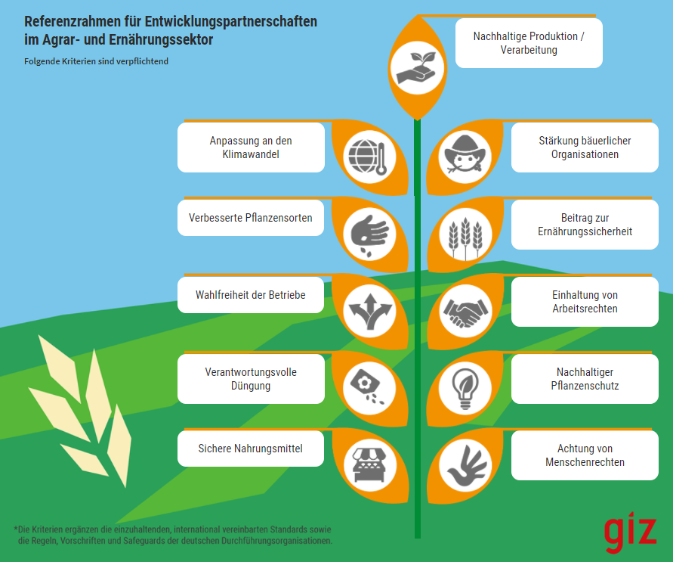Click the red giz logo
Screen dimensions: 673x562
(x=630, y=532)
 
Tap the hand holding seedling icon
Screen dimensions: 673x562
(x=417, y=68)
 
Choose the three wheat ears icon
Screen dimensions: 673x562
(x=465, y=238)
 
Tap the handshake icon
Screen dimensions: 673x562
(x=465, y=312)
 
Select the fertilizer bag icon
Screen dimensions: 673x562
(x=368, y=387)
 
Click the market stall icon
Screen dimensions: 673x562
(x=369, y=465)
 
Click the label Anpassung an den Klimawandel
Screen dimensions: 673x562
(x=251, y=147)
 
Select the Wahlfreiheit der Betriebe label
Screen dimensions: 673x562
(x=251, y=295)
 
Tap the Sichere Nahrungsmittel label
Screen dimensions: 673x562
(x=251, y=449)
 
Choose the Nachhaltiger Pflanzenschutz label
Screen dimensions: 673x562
(x=585, y=378)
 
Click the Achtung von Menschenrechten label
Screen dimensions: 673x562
(x=585, y=455)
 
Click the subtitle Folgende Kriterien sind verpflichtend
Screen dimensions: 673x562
(x=96, y=61)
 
